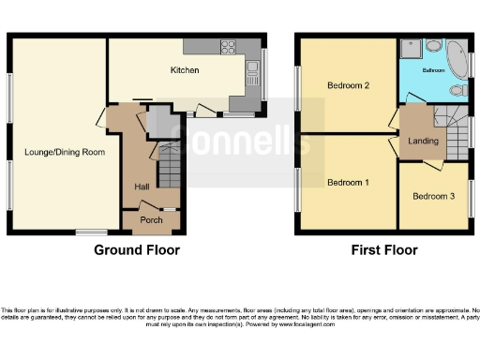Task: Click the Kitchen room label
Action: [x=184, y=69]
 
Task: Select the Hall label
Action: [x=142, y=187]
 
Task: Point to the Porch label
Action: [x=151, y=220]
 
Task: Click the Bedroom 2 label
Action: [x=348, y=86]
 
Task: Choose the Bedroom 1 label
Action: [x=348, y=181]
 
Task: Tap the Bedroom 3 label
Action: [x=433, y=196]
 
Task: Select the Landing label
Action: [x=423, y=141]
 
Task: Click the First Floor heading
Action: [x=384, y=250]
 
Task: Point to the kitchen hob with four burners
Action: [x=227, y=46]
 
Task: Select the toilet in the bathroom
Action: [x=457, y=90]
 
